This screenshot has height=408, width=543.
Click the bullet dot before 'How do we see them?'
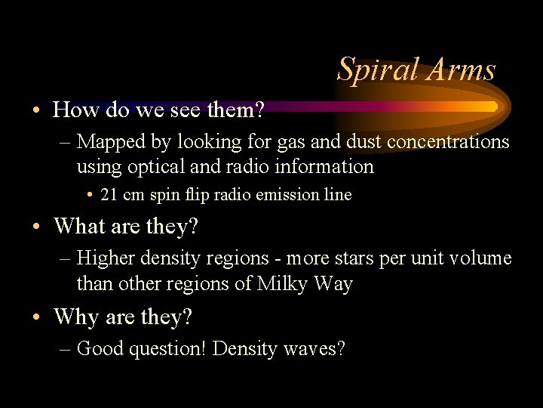37,111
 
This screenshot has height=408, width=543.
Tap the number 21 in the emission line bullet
109,194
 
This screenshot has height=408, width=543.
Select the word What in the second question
80,226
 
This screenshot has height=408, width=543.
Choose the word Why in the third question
75,317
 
